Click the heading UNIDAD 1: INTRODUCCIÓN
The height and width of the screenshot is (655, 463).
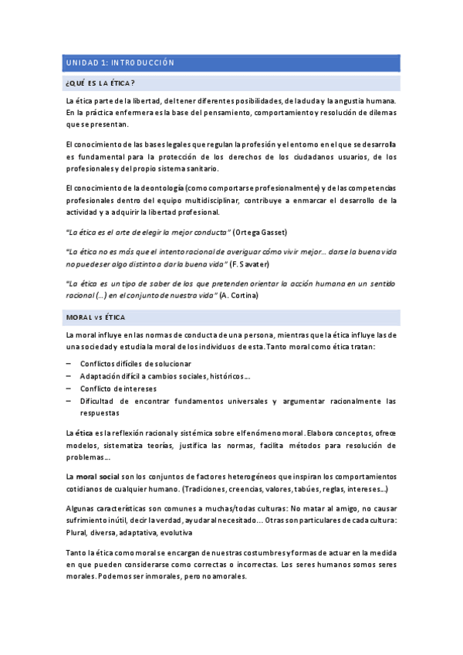(x=120, y=63)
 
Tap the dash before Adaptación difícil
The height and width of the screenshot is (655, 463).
(x=69, y=375)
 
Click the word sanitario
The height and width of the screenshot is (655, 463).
(x=202, y=169)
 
